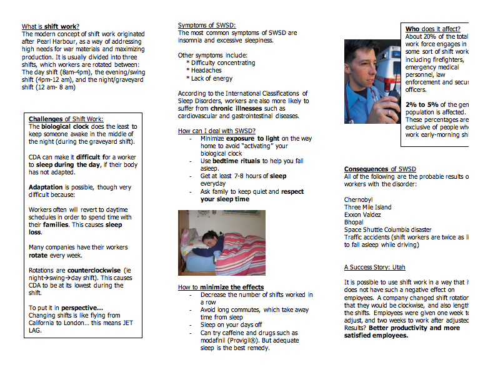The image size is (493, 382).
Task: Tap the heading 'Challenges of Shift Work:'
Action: [x=66, y=119]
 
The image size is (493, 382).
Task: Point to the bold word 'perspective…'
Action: [x=82, y=308]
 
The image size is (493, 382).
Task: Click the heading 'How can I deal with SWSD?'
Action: [x=216, y=131]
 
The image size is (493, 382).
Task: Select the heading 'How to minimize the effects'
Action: [x=221, y=287]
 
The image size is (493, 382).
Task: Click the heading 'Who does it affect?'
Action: [x=432, y=29]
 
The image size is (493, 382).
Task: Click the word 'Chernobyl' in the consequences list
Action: [x=359, y=199]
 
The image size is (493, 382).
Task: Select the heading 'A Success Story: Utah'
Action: [x=374, y=267]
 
